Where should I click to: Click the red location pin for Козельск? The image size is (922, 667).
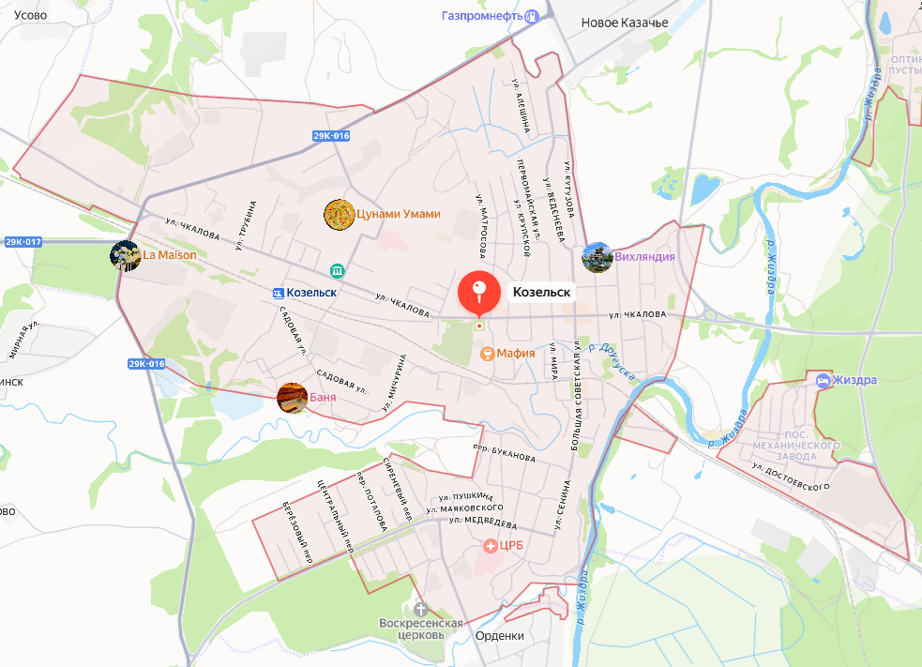478,291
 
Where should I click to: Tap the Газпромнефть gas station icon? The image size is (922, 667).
533,16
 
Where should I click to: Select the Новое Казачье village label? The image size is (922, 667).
625,23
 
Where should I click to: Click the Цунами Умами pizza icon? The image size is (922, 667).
338,215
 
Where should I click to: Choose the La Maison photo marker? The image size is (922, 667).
125,255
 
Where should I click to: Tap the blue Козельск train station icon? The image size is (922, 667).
278,293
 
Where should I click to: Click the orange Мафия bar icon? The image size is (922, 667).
487,354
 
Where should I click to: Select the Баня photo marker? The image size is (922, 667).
292,398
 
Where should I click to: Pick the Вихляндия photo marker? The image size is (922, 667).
597,257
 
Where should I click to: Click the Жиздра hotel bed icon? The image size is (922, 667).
823,381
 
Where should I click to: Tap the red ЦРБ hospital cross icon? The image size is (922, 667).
490,545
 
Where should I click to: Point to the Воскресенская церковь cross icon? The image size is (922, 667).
420,610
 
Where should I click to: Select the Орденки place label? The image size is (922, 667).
500,636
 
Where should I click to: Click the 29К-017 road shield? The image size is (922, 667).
23,242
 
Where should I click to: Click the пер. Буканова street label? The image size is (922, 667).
505,453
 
